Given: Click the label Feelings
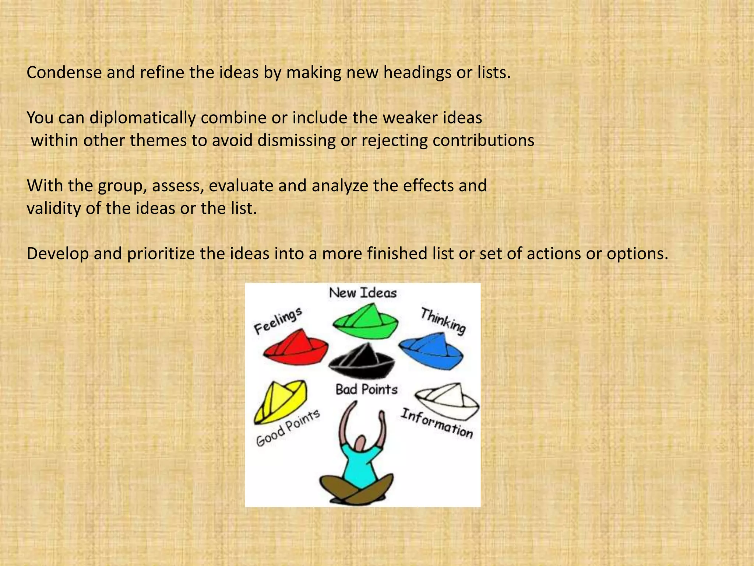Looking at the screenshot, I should [x=278, y=321].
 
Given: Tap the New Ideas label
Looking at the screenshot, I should [x=363, y=293].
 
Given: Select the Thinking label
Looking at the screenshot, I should [x=443, y=321].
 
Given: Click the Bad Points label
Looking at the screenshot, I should [x=366, y=389].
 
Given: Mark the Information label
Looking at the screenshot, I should [x=437, y=424].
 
